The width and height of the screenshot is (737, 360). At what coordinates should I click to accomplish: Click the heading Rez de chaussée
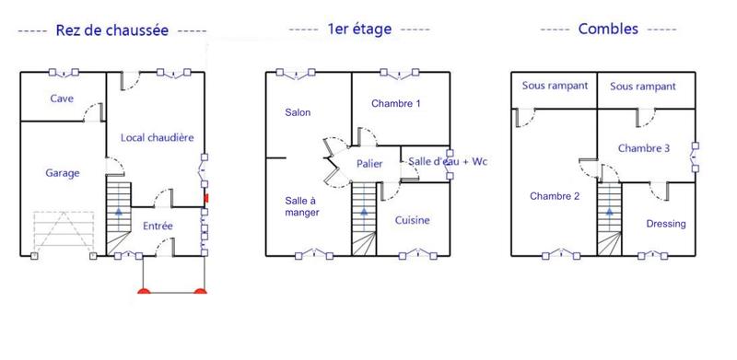tap(111, 29)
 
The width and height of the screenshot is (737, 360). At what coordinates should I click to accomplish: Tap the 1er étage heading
tap(359, 29)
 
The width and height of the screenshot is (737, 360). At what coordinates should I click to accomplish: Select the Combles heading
tap(608, 29)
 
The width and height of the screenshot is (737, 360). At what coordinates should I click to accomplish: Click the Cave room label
tap(62, 99)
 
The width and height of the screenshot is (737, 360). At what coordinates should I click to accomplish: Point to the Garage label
tap(62, 172)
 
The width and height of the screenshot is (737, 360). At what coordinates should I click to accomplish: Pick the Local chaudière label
tap(158, 138)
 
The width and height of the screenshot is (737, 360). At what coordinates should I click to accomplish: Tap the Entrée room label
tap(158, 225)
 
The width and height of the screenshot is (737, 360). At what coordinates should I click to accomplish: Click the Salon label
tap(298, 113)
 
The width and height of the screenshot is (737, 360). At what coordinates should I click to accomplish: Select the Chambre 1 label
tap(396, 104)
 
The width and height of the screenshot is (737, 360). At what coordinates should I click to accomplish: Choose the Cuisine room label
tap(412, 220)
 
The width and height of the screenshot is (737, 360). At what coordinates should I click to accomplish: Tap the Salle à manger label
tap(301, 206)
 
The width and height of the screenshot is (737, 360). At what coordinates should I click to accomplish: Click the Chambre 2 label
tap(556, 195)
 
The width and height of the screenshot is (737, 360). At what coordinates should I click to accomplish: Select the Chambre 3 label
tap(644, 148)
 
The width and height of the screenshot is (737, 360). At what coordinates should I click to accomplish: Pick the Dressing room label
tap(665, 224)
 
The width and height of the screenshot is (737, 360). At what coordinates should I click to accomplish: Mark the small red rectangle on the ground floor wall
tap(206, 197)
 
